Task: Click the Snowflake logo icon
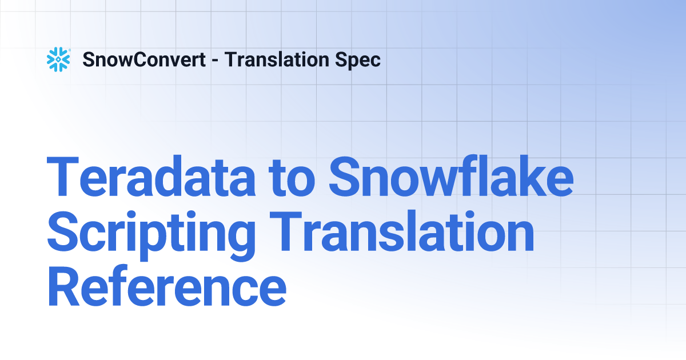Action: click(58, 59)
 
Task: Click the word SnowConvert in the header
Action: click(144, 59)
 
